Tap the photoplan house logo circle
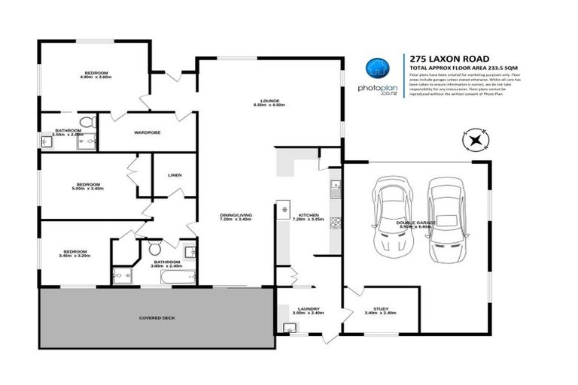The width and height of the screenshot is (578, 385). [x=376, y=68]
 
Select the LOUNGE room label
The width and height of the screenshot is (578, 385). [x=270, y=102]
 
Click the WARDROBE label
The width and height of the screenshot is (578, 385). [x=147, y=133]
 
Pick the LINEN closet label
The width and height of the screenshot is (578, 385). [x=175, y=175]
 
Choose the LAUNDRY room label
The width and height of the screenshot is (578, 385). [x=309, y=309]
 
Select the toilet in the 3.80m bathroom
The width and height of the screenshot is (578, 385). [x=154, y=247]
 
